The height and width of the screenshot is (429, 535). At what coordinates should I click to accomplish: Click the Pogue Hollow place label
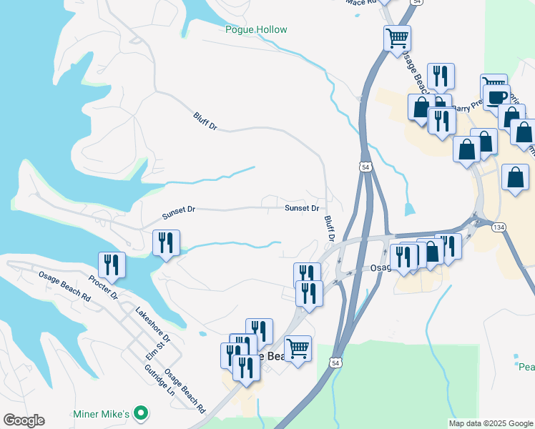[256, 29]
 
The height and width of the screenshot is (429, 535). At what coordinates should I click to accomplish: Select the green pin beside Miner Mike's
[142, 413]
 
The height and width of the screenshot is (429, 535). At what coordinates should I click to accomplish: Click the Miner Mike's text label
[101, 414]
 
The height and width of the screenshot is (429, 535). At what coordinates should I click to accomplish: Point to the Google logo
[24, 420]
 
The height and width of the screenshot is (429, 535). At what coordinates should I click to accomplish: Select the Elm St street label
[161, 353]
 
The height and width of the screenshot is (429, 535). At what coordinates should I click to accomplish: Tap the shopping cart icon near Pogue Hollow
[397, 38]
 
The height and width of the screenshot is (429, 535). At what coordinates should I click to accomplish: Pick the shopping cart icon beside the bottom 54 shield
[298, 348]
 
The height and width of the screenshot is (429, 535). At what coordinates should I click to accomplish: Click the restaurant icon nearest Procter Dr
[112, 265]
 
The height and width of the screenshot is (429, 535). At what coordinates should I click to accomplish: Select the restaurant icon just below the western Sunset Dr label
[166, 242]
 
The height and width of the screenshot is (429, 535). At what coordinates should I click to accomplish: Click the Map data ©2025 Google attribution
[491, 423]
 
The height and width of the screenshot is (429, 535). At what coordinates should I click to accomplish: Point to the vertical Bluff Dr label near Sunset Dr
[330, 229]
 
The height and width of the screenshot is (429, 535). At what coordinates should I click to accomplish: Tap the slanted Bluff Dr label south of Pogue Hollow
[205, 121]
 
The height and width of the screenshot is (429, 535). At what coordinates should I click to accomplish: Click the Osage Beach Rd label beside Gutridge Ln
[185, 391]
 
